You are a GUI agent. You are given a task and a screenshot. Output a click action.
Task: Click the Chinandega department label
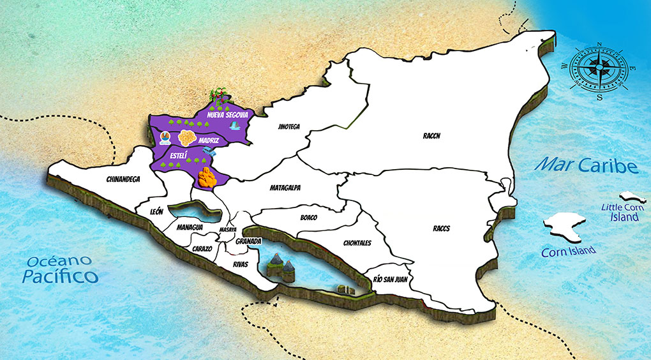(123, 180)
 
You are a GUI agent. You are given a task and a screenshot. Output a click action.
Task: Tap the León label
(156, 211)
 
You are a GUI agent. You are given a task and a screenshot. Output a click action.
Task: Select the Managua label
(190, 227)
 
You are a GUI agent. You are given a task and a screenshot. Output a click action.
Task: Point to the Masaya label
(228, 229)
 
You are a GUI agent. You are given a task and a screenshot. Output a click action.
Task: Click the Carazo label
(202, 248)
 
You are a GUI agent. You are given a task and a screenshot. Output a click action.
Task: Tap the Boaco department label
(308, 218)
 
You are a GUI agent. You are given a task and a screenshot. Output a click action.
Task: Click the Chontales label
(357, 243)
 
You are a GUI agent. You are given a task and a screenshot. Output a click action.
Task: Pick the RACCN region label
(432, 136)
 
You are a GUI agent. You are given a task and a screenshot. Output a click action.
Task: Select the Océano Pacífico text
(59, 269)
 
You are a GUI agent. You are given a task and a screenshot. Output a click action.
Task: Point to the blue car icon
(207, 151)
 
